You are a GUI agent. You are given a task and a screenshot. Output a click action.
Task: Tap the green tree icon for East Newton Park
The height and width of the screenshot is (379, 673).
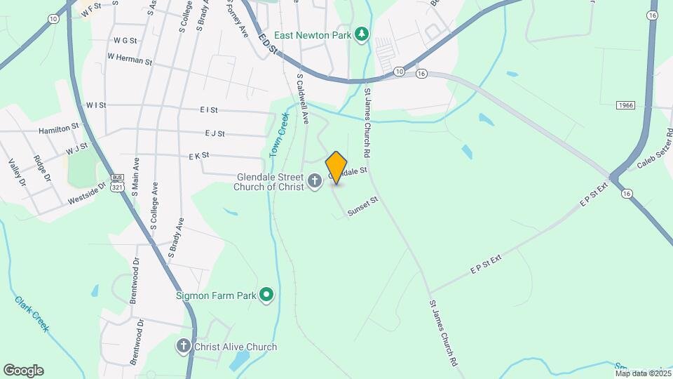361,34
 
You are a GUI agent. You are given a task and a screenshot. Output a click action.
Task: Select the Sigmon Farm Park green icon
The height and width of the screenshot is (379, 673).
266,295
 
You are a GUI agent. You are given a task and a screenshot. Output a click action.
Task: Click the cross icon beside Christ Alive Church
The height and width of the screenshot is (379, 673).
184,346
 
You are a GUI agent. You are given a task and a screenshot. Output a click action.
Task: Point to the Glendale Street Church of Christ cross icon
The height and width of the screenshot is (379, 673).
315,181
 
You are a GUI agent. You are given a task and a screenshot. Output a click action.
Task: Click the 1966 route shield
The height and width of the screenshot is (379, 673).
626,105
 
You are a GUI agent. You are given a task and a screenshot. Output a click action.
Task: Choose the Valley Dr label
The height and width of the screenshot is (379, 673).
17,173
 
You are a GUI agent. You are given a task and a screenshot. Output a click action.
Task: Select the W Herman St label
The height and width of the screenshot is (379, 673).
130,61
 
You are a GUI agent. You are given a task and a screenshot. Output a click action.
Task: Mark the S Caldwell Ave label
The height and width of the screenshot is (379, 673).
303,99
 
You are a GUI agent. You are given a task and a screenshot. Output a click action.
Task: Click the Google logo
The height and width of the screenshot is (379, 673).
23,370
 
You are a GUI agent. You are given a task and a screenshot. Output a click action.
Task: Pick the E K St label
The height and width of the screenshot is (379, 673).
199,155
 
